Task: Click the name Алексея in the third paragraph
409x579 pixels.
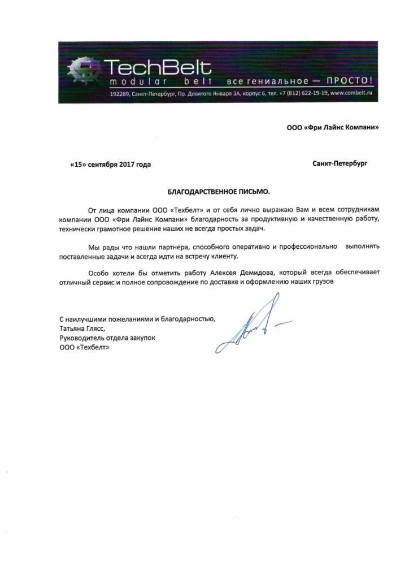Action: (x=213, y=273)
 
